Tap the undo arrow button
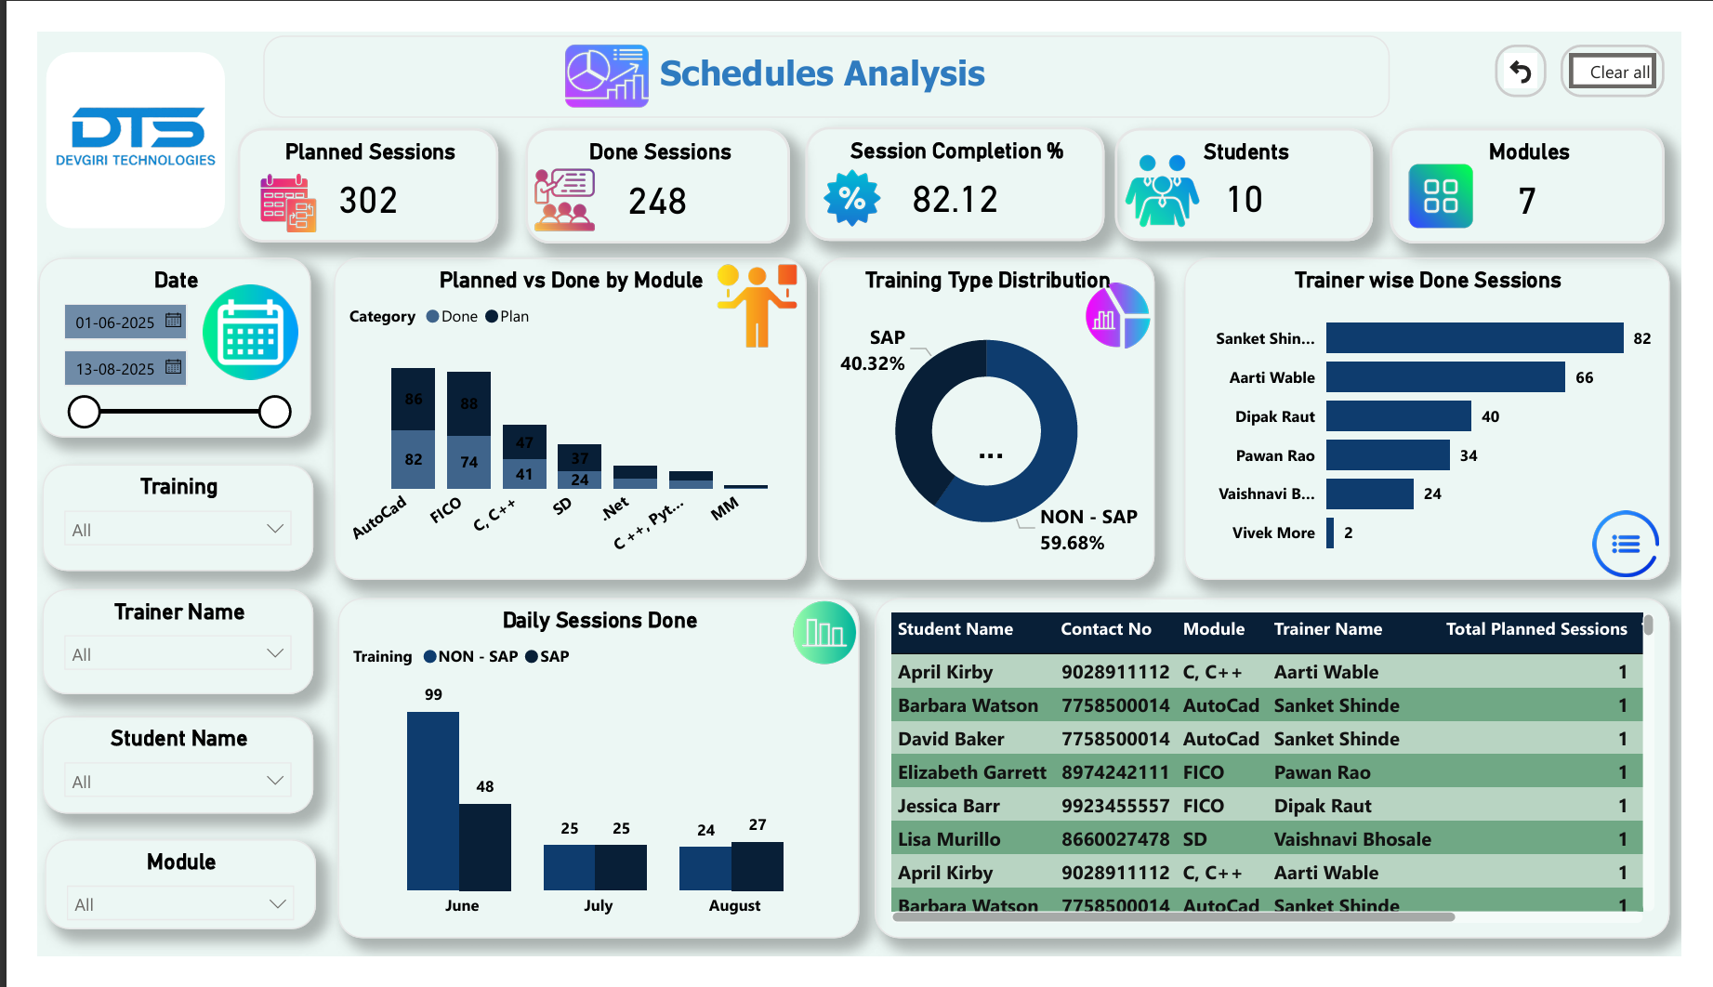tap(1521, 72)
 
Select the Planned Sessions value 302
tap(368, 201)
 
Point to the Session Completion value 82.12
tap(955, 200)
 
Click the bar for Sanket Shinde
tap(1474, 338)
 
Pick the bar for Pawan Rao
tap(1388, 455)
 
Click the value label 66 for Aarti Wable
tap(1585, 377)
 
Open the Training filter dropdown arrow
tap(275, 529)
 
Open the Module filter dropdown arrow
tap(277, 903)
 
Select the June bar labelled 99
tap(433, 800)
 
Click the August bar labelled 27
tap(758, 866)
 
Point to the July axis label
tap(598, 905)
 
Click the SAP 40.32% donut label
tap(874, 350)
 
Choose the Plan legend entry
tap(507, 317)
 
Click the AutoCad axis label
tap(379, 518)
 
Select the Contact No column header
tap(1106, 629)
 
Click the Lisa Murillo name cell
tap(949, 839)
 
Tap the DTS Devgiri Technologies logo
tap(136, 139)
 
